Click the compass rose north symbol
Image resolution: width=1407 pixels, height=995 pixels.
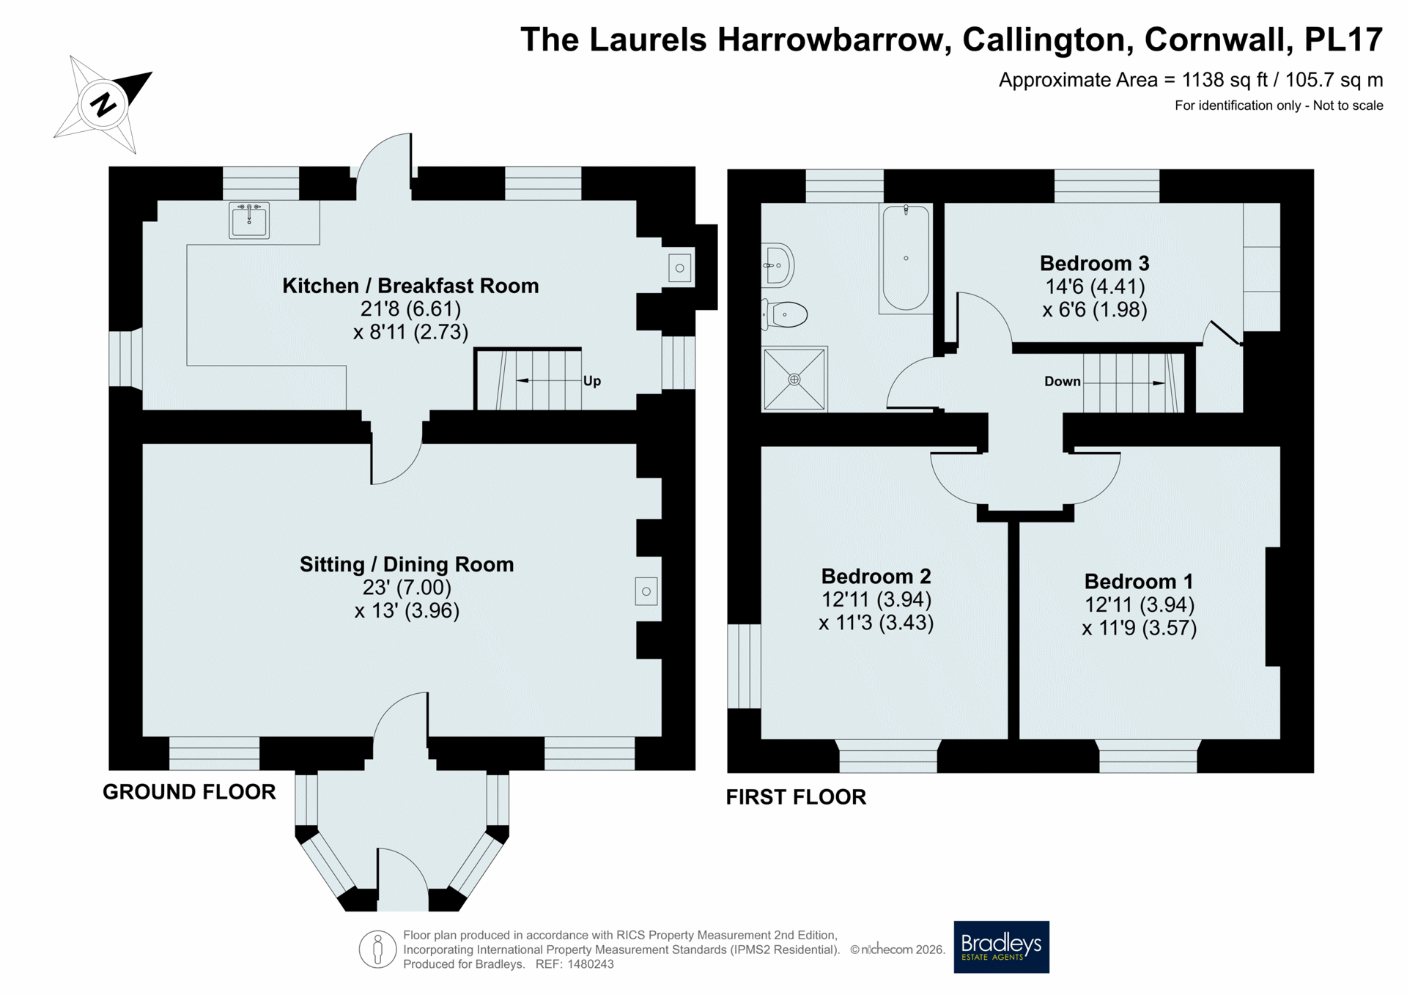(x=103, y=104)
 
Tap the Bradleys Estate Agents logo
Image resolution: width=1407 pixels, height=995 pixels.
(x=1001, y=947)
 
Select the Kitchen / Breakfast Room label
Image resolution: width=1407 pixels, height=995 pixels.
(x=410, y=286)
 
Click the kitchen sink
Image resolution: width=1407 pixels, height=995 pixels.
(x=249, y=220)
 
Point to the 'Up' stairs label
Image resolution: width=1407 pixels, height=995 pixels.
(x=592, y=381)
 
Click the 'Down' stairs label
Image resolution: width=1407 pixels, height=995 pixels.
(x=1063, y=381)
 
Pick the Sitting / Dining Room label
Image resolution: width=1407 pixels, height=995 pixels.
(x=407, y=564)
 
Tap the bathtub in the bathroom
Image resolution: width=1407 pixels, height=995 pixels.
(x=906, y=258)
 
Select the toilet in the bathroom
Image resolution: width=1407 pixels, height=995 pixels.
(x=784, y=314)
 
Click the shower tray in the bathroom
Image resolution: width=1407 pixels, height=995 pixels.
(x=794, y=379)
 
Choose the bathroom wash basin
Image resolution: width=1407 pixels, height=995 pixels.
(x=778, y=265)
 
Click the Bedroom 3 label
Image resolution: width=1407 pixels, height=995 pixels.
(x=1094, y=263)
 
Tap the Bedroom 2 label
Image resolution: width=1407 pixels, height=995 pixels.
(x=876, y=576)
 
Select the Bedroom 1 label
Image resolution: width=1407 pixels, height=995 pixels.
(x=1139, y=581)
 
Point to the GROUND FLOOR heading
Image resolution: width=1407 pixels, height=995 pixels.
(x=189, y=791)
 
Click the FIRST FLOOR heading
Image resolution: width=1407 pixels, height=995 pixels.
(x=796, y=796)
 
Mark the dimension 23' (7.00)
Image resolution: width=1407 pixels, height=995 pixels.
(x=407, y=588)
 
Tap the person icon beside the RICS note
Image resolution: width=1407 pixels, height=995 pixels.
(x=378, y=950)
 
